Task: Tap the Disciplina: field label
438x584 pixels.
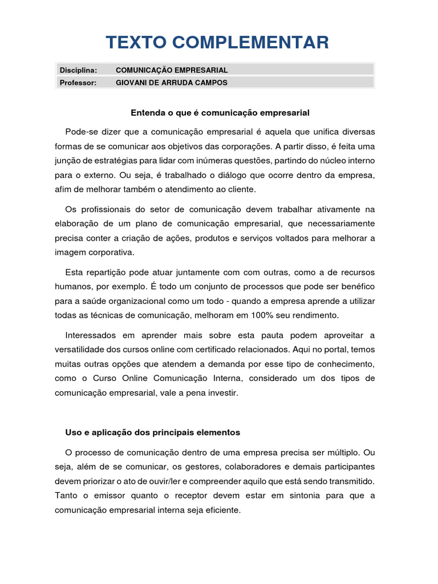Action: (78, 70)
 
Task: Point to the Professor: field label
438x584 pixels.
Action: (78, 83)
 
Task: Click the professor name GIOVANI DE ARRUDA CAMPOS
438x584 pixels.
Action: (171, 83)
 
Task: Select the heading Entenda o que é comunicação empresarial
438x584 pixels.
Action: (220, 113)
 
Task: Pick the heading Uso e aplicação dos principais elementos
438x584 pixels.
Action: (153, 432)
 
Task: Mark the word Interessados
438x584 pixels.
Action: (90, 335)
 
